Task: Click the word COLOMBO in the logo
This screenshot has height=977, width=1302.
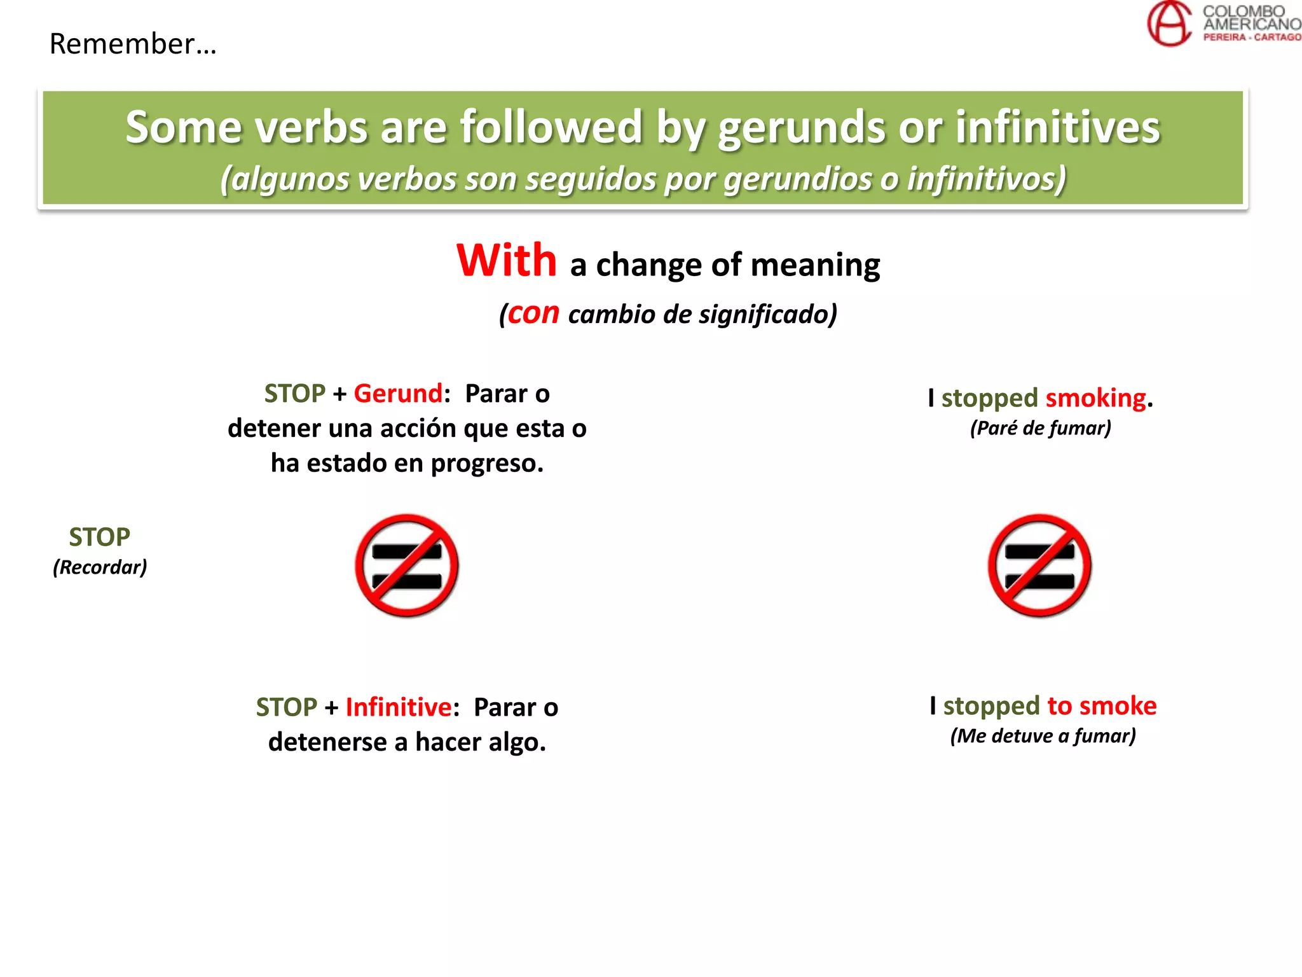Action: pyautogui.click(x=1243, y=11)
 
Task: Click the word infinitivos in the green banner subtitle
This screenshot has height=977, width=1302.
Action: pyautogui.click(x=986, y=179)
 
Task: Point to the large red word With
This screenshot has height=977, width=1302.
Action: pyautogui.click(x=507, y=261)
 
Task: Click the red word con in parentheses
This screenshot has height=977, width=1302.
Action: pyautogui.click(x=533, y=313)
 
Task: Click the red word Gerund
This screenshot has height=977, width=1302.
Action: pyautogui.click(x=397, y=394)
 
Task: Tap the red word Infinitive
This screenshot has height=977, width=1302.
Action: pyautogui.click(x=398, y=707)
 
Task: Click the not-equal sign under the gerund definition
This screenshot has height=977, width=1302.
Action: pyautogui.click(x=407, y=565)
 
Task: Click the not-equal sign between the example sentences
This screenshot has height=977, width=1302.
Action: pyautogui.click(x=1039, y=565)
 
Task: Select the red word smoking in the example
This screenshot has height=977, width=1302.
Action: pyautogui.click(x=1095, y=398)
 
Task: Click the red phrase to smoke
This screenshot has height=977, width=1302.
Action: pyautogui.click(x=1101, y=706)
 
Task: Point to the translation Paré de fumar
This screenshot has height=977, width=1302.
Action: pyautogui.click(x=1041, y=428)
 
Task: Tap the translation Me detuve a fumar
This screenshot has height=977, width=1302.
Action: pyautogui.click(x=1043, y=736)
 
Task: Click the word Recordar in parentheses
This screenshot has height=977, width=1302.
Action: pyautogui.click(x=100, y=567)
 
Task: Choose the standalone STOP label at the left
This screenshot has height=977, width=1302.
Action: pyautogui.click(x=99, y=537)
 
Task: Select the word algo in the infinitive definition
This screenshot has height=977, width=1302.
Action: pyautogui.click(x=516, y=742)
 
